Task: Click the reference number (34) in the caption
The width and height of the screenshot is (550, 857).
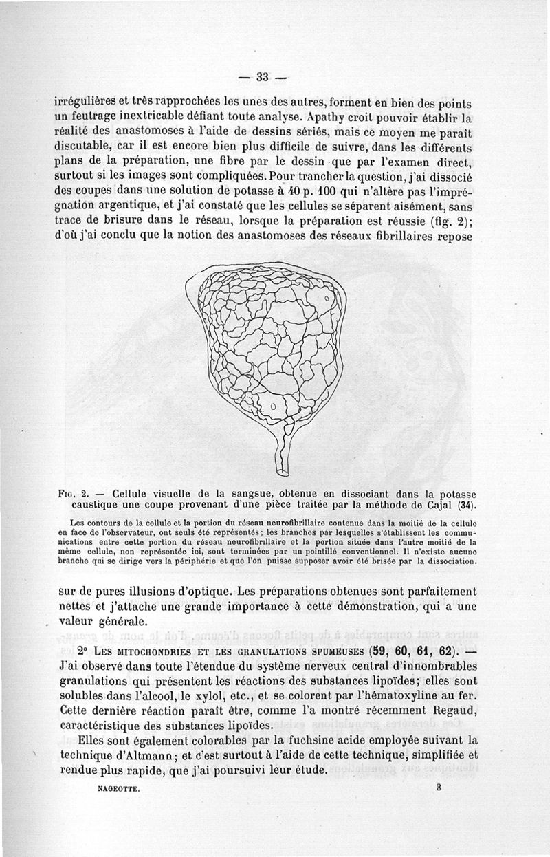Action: pos(468,506)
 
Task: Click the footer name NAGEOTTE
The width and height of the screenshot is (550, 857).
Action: pos(119,792)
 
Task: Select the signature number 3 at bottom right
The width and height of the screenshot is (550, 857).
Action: pos(437,790)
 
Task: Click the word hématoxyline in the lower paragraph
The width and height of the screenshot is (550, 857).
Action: pos(392,695)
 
